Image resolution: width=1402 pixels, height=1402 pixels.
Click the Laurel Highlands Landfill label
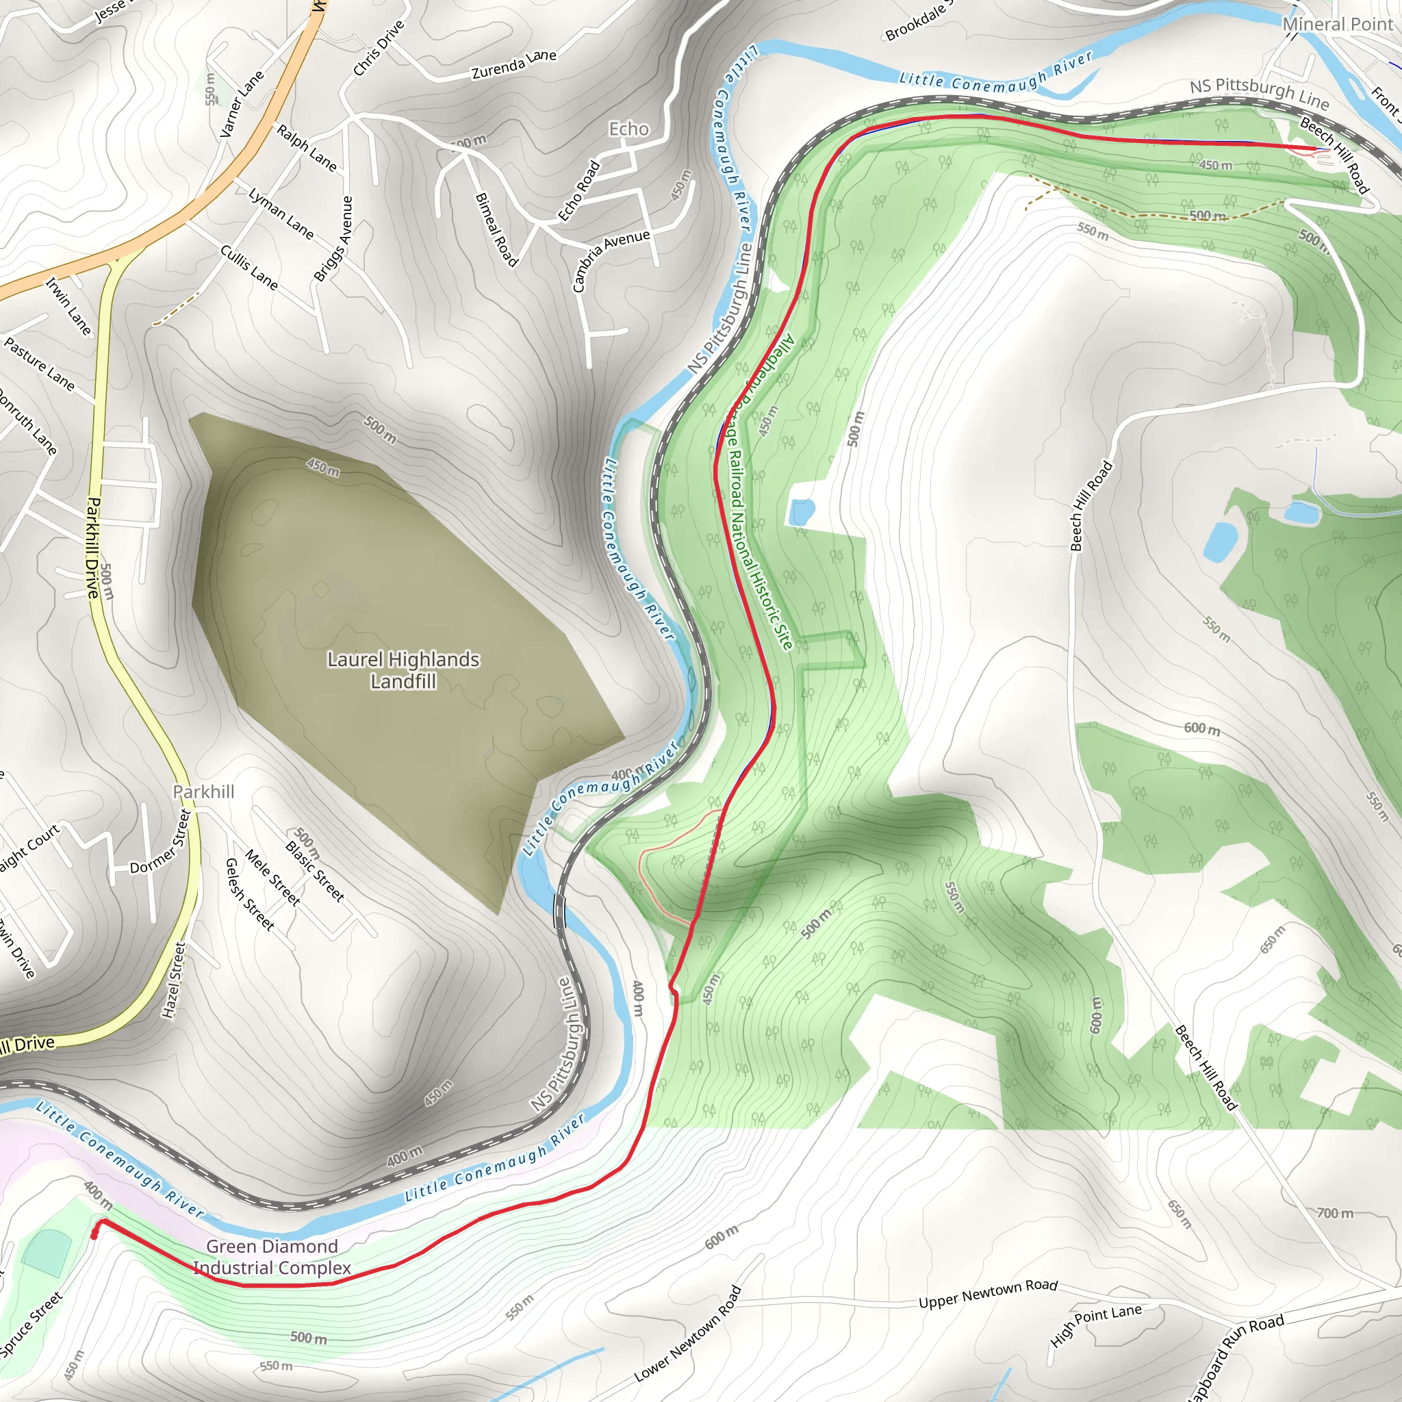pos(403,670)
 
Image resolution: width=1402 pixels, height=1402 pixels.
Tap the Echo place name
pos(628,129)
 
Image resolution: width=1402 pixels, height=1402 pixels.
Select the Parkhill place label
pos(204,792)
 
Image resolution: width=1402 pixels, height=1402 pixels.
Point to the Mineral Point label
pos(1338,25)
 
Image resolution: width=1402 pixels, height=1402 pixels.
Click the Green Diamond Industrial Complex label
pos(272,1257)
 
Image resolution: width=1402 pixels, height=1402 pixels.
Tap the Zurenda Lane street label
pos(514,64)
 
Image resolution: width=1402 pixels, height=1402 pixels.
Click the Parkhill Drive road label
pos(93,547)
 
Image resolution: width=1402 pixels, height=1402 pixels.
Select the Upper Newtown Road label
pos(988,1293)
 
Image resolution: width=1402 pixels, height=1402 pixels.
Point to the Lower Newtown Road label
pos(688,1334)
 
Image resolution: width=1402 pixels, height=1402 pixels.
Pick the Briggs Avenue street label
pos(333,239)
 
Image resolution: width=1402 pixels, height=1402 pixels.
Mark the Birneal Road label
pos(496,229)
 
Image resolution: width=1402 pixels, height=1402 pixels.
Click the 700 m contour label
pos(1334,1212)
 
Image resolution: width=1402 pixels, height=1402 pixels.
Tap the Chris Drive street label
pos(378,49)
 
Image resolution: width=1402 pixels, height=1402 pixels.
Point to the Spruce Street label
pos(31,1325)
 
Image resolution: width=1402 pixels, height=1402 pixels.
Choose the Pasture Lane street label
pos(40,364)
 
